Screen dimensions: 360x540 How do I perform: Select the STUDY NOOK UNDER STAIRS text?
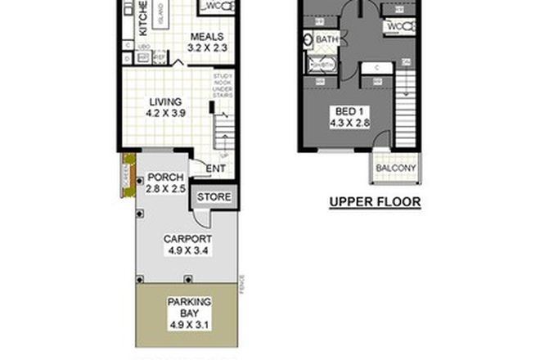223,86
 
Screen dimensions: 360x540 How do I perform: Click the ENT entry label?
215,169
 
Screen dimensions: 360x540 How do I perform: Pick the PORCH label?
165,178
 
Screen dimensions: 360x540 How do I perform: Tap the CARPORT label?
184,240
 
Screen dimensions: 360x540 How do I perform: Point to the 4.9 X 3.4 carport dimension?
184,251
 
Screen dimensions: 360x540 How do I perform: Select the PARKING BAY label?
189,307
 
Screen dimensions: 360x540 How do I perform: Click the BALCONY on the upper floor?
395,169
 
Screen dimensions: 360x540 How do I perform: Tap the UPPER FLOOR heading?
374,201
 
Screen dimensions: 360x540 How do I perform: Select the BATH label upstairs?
327,39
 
